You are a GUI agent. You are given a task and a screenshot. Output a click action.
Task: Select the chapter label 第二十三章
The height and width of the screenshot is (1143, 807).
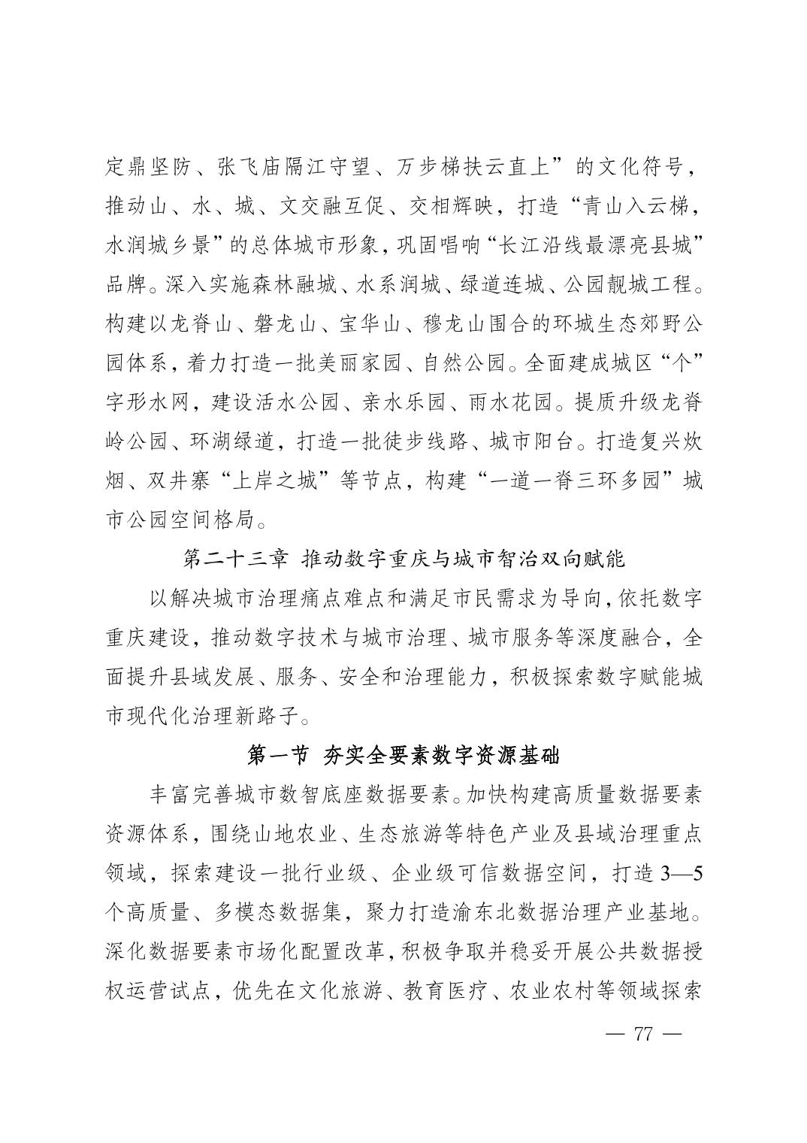click(x=229, y=559)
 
